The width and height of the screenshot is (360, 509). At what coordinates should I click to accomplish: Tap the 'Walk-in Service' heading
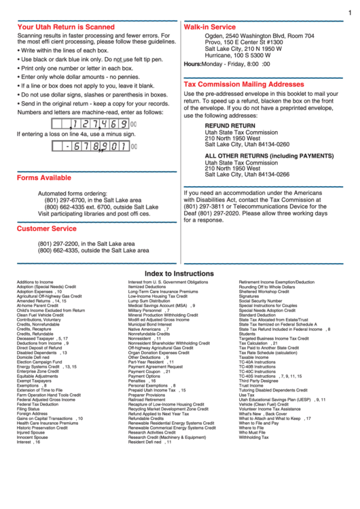point(210,27)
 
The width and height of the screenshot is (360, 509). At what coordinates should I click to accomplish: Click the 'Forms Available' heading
point(43,177)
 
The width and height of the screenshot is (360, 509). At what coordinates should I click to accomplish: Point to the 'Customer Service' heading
point(46,228)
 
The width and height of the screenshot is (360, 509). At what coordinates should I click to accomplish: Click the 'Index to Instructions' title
point(179,274)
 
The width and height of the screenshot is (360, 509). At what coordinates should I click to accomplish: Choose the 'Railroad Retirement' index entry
point(146,400)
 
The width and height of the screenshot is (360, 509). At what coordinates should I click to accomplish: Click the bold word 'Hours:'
point(192,64)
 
